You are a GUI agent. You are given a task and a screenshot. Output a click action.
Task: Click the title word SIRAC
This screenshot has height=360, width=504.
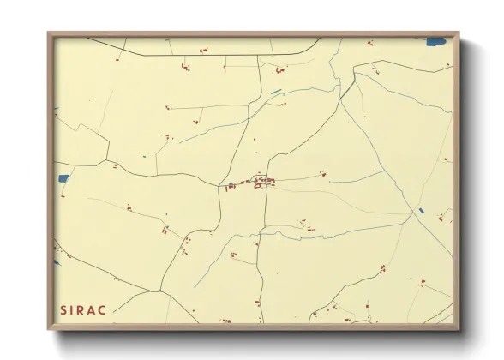pos(83,309)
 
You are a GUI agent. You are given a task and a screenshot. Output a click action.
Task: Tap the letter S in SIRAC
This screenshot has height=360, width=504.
pos(63,309)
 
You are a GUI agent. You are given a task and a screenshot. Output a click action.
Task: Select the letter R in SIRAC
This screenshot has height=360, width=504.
pos(83,309)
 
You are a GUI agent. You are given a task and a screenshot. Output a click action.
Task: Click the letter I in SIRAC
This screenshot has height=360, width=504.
pos(74,309)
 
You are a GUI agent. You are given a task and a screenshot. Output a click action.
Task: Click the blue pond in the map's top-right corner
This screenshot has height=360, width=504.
pos(437,40)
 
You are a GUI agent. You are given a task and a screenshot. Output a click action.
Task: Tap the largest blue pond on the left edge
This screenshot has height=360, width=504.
pos(63,179)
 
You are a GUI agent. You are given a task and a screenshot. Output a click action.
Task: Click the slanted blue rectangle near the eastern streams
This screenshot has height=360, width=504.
pos(419,211)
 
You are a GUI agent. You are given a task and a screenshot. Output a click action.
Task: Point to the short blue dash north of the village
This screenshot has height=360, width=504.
pos(276,92)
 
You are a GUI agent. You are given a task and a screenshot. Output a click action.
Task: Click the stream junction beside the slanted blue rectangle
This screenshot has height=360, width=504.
pos(413,215)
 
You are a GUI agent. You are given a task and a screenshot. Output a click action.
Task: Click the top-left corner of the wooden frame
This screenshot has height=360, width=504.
pos(48,33)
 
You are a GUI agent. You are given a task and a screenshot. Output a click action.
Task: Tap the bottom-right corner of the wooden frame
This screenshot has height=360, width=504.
pos(459,329)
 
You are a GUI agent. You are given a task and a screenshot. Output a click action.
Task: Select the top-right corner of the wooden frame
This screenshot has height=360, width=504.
pos(459,33)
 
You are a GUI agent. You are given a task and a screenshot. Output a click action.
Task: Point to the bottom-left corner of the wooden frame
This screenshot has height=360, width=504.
pos(48,329)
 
